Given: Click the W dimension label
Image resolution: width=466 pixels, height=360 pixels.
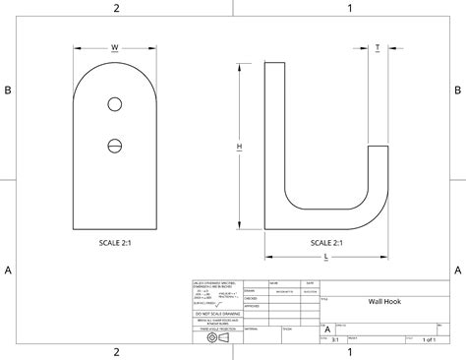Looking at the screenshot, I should (x=115, y=46).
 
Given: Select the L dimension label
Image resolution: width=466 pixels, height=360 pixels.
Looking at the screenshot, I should (x=325, y=256).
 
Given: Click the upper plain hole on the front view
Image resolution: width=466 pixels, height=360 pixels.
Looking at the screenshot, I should (x=115, y=104).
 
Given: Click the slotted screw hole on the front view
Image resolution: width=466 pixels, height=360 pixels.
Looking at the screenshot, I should (x=115, y=147).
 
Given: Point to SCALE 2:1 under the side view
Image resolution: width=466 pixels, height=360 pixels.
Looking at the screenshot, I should (x=325, y=242).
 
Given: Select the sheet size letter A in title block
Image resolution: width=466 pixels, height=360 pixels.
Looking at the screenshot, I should (x=327, y=330).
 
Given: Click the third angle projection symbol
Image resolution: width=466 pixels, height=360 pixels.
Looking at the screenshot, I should (x=215, y=337).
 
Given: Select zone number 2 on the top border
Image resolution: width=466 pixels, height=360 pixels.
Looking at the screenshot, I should (x=116, y=8).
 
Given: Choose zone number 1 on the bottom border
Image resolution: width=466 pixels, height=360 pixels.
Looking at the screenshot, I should (x=349, y=352).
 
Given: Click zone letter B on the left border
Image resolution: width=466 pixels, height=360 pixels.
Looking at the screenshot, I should (x=7, y=90).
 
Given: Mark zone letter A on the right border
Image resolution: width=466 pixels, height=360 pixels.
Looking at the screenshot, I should (x=458, y=270).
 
